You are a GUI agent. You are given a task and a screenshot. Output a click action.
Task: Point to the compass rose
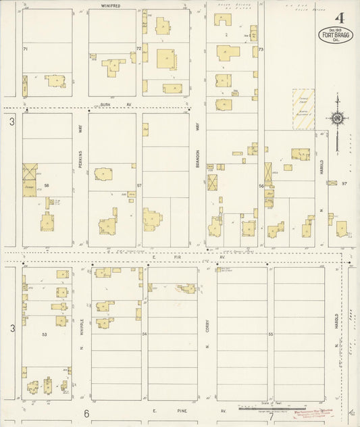(x=337, y=119)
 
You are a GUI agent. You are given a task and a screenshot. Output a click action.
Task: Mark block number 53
(x=45, y=334)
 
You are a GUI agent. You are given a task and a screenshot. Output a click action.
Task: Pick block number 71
(x=26, y=49)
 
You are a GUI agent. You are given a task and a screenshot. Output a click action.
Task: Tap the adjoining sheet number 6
(x=86, y=413)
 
